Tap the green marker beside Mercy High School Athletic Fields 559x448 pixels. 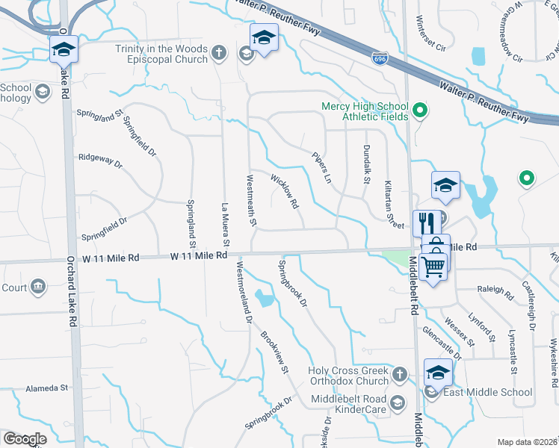419,112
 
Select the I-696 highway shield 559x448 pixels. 379,55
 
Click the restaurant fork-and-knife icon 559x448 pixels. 424,223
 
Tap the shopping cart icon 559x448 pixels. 433,265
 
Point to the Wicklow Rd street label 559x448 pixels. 284,192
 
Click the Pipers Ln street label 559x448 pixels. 321,169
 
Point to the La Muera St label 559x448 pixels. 224,223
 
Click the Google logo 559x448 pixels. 25,439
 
